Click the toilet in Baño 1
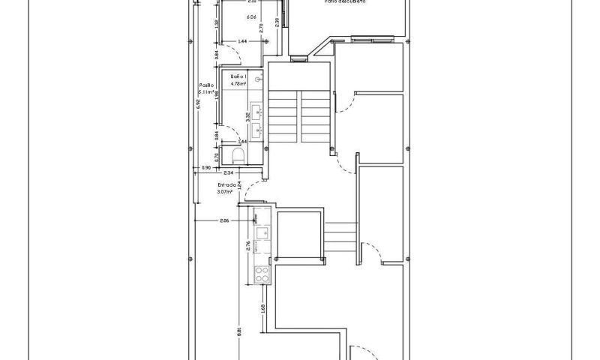(238, 155)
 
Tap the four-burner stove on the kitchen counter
(262, 274)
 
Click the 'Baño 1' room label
(238, 77)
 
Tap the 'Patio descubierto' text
(345, 2)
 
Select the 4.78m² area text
(238, 84)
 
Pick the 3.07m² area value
(225, 191)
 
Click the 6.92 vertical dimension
(199, 105)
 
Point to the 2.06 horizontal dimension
(224, 220)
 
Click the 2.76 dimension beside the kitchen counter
(248, 245)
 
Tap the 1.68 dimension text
(263, 307)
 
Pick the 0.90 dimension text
(207, 168)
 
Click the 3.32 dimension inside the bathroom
(247, 116)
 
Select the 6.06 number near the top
(250, 16)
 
